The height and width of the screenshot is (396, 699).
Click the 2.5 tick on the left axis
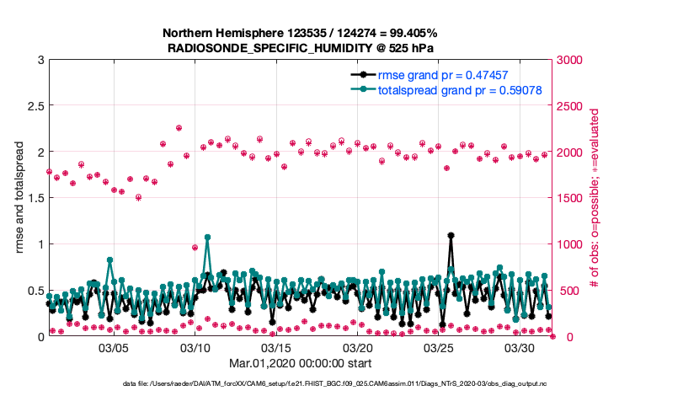(35, 106)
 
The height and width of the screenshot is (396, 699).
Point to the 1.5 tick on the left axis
(35, 198)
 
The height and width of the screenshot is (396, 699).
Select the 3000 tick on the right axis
(569, 60)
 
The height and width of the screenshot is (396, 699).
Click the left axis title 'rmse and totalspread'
(19, 198)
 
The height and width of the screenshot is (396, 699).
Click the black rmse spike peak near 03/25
(451, 236)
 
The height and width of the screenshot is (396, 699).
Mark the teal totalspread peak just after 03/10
(207, 238)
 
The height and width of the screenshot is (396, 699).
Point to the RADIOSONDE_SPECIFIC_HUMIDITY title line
(300, 48)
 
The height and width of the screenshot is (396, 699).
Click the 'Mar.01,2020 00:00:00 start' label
(300, 364)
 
